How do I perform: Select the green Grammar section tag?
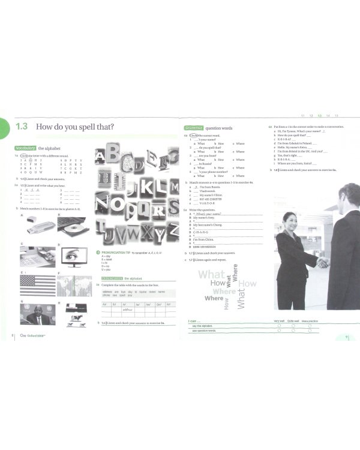(x=194, y=128)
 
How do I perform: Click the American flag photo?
(x=37, y=286)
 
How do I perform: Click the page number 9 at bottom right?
(x=346, y=337)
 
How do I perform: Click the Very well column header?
(x=279, y=322)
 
